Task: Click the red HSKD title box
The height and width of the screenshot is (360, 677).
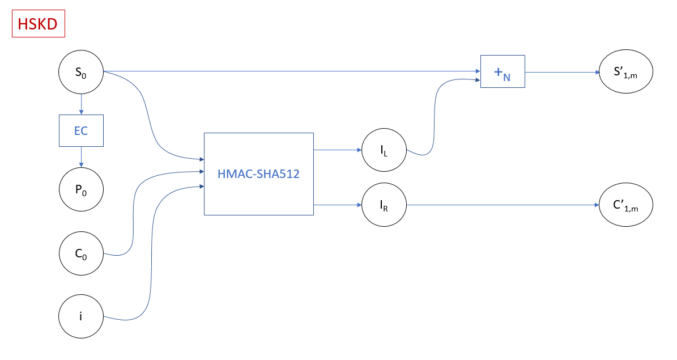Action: pyautogui.click(x=38, y=24)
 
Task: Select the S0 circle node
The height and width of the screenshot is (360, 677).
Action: pyautogui.click(x=81, y=73)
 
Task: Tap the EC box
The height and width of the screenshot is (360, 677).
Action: pyautogui.click(x=81, y=130)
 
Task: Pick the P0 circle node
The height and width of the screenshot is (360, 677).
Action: pyautogui.click(x=81, y=190)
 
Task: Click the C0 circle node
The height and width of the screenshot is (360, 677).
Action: pyautogui.click(x=81, y=253)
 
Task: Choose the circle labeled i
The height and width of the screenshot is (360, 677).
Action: pyautogui.click(x=81, y=316)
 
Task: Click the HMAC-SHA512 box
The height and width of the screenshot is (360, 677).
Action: pyautogui.click(x=258, y=174)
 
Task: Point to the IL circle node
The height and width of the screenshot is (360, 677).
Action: pyautogui.click(x=385, y=150)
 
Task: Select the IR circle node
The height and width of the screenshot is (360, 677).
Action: pyautogui.click(x=385, y=205)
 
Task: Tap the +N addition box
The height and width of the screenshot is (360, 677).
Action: pyautogui.click(x=503, y=71)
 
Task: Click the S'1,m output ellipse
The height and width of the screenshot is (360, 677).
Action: pyautogui.click(x=626, y=72)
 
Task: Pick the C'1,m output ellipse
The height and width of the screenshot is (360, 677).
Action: pyautogui.click(x=626, y=205)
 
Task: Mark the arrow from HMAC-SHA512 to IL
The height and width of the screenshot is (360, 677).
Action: pyautogui.click(x=338, y=150)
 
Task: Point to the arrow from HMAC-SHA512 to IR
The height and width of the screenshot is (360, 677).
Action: pyautogui.click(x=338, y=205)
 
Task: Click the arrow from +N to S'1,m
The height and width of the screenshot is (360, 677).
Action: pyautogui.click(x=561, y=72)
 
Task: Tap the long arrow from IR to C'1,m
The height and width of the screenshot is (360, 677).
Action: pyautogui.click(x=501, y=205)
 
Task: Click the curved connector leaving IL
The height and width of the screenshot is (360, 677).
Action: pyautogui.click(x=434, y=119)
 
